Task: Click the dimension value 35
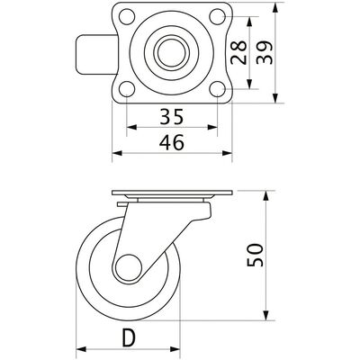point(171,117)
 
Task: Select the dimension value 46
point(171,142)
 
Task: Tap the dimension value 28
point(238,52)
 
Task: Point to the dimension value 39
point(265,52)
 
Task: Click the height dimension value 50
point(255,255)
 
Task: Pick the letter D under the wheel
point(129,337)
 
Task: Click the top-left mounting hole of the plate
point(127,16)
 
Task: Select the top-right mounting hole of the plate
point(217,16)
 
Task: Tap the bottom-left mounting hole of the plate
point(127,89)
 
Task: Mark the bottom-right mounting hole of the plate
point(217,89)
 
